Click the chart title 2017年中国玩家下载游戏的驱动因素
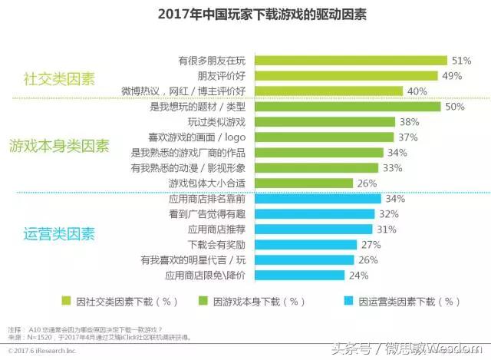245,14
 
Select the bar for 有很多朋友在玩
350,60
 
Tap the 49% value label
452,75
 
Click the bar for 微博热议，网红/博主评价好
328,91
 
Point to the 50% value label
455,107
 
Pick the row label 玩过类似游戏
217,122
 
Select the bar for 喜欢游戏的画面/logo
323,137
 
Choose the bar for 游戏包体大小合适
303,183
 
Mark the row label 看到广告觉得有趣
208,214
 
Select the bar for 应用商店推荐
313,229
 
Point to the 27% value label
371,244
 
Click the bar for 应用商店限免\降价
300,274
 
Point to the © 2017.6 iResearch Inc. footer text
38,349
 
